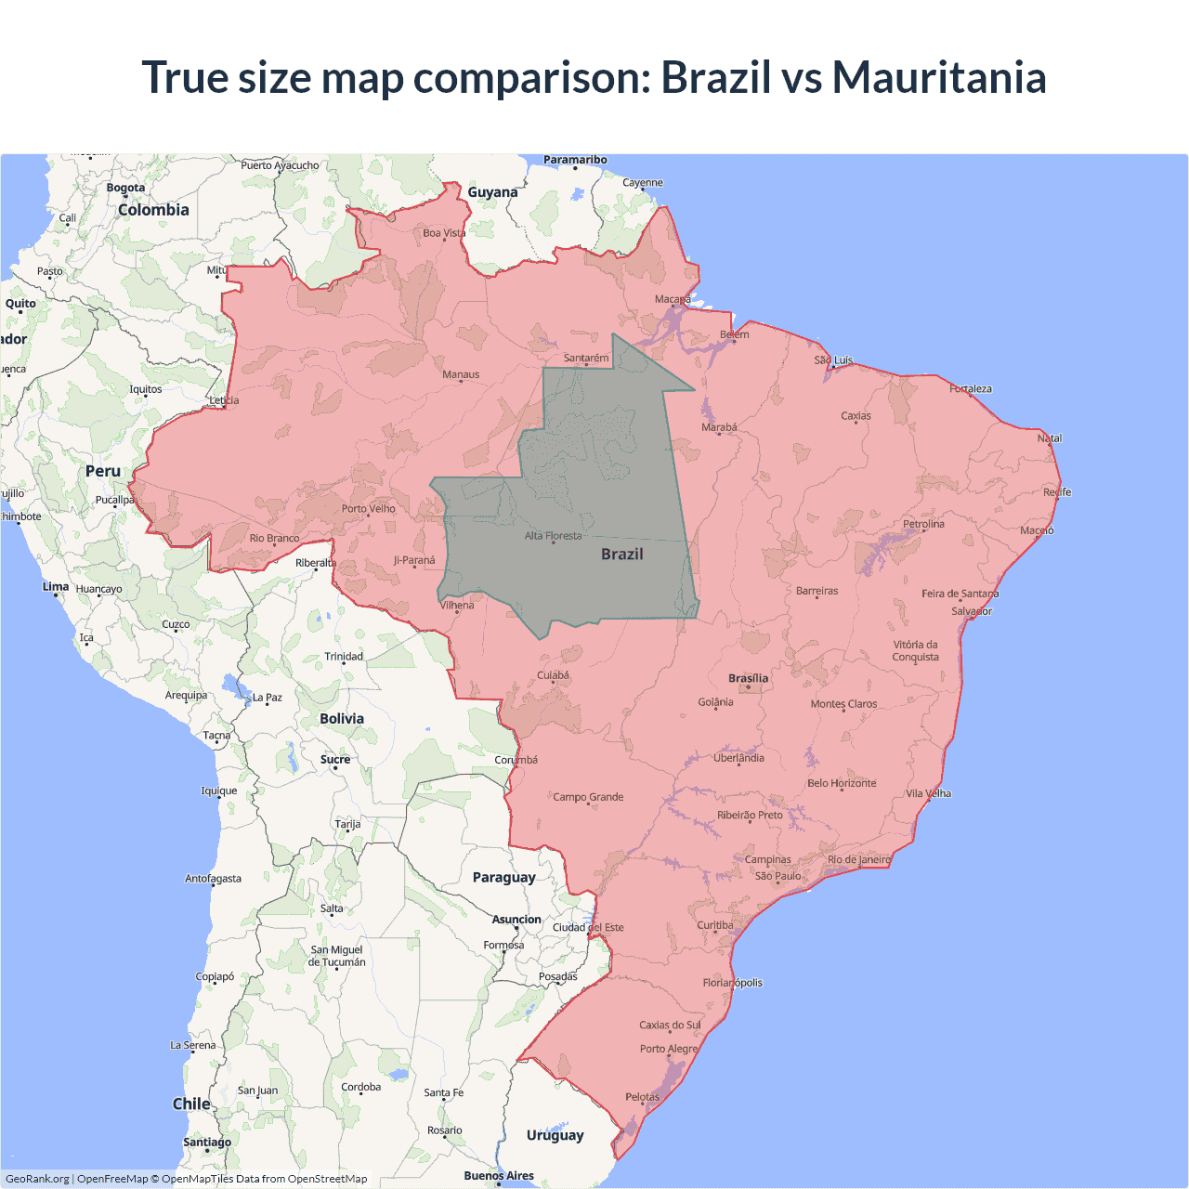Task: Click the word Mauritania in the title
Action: (939, 77)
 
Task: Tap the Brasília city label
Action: (748, 678)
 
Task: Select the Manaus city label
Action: (461, 374)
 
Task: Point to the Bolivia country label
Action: (342, 718)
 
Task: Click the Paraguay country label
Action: (503, 877)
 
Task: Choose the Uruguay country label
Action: (555, 1134)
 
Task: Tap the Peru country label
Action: (103, 471)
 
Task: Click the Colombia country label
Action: (153, 210)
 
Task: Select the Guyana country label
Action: (492, 192)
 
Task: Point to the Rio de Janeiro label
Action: (858, 859)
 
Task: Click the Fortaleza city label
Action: (971, 388)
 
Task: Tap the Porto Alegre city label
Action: (668, 1049)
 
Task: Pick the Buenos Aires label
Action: (499, 1175)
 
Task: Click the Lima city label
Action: (56, 586)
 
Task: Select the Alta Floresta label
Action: (553, 535)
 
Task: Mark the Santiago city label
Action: (207, 1142)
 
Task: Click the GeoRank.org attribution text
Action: (37, 1179)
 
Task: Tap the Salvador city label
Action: (972, 611)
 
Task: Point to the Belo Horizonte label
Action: (842, 783)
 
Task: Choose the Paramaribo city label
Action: (575, 160)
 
